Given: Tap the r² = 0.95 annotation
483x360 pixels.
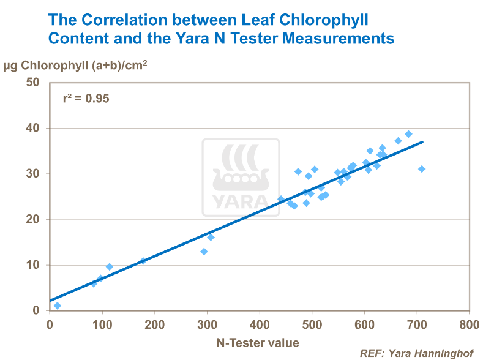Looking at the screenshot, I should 86,98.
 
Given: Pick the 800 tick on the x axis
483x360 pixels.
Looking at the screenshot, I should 470,323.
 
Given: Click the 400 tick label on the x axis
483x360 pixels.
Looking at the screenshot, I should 260,323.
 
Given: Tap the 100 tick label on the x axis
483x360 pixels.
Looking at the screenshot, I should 102,323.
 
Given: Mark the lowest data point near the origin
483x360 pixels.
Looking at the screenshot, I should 57,306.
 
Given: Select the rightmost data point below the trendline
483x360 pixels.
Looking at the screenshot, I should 421,169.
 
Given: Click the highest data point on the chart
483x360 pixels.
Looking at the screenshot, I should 408,134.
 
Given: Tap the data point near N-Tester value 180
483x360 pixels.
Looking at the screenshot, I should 143,261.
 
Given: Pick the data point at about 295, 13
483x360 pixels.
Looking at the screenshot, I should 204,252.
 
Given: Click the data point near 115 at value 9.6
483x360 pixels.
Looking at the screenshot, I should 110,267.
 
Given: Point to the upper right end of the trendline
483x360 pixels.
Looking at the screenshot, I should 422,142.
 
